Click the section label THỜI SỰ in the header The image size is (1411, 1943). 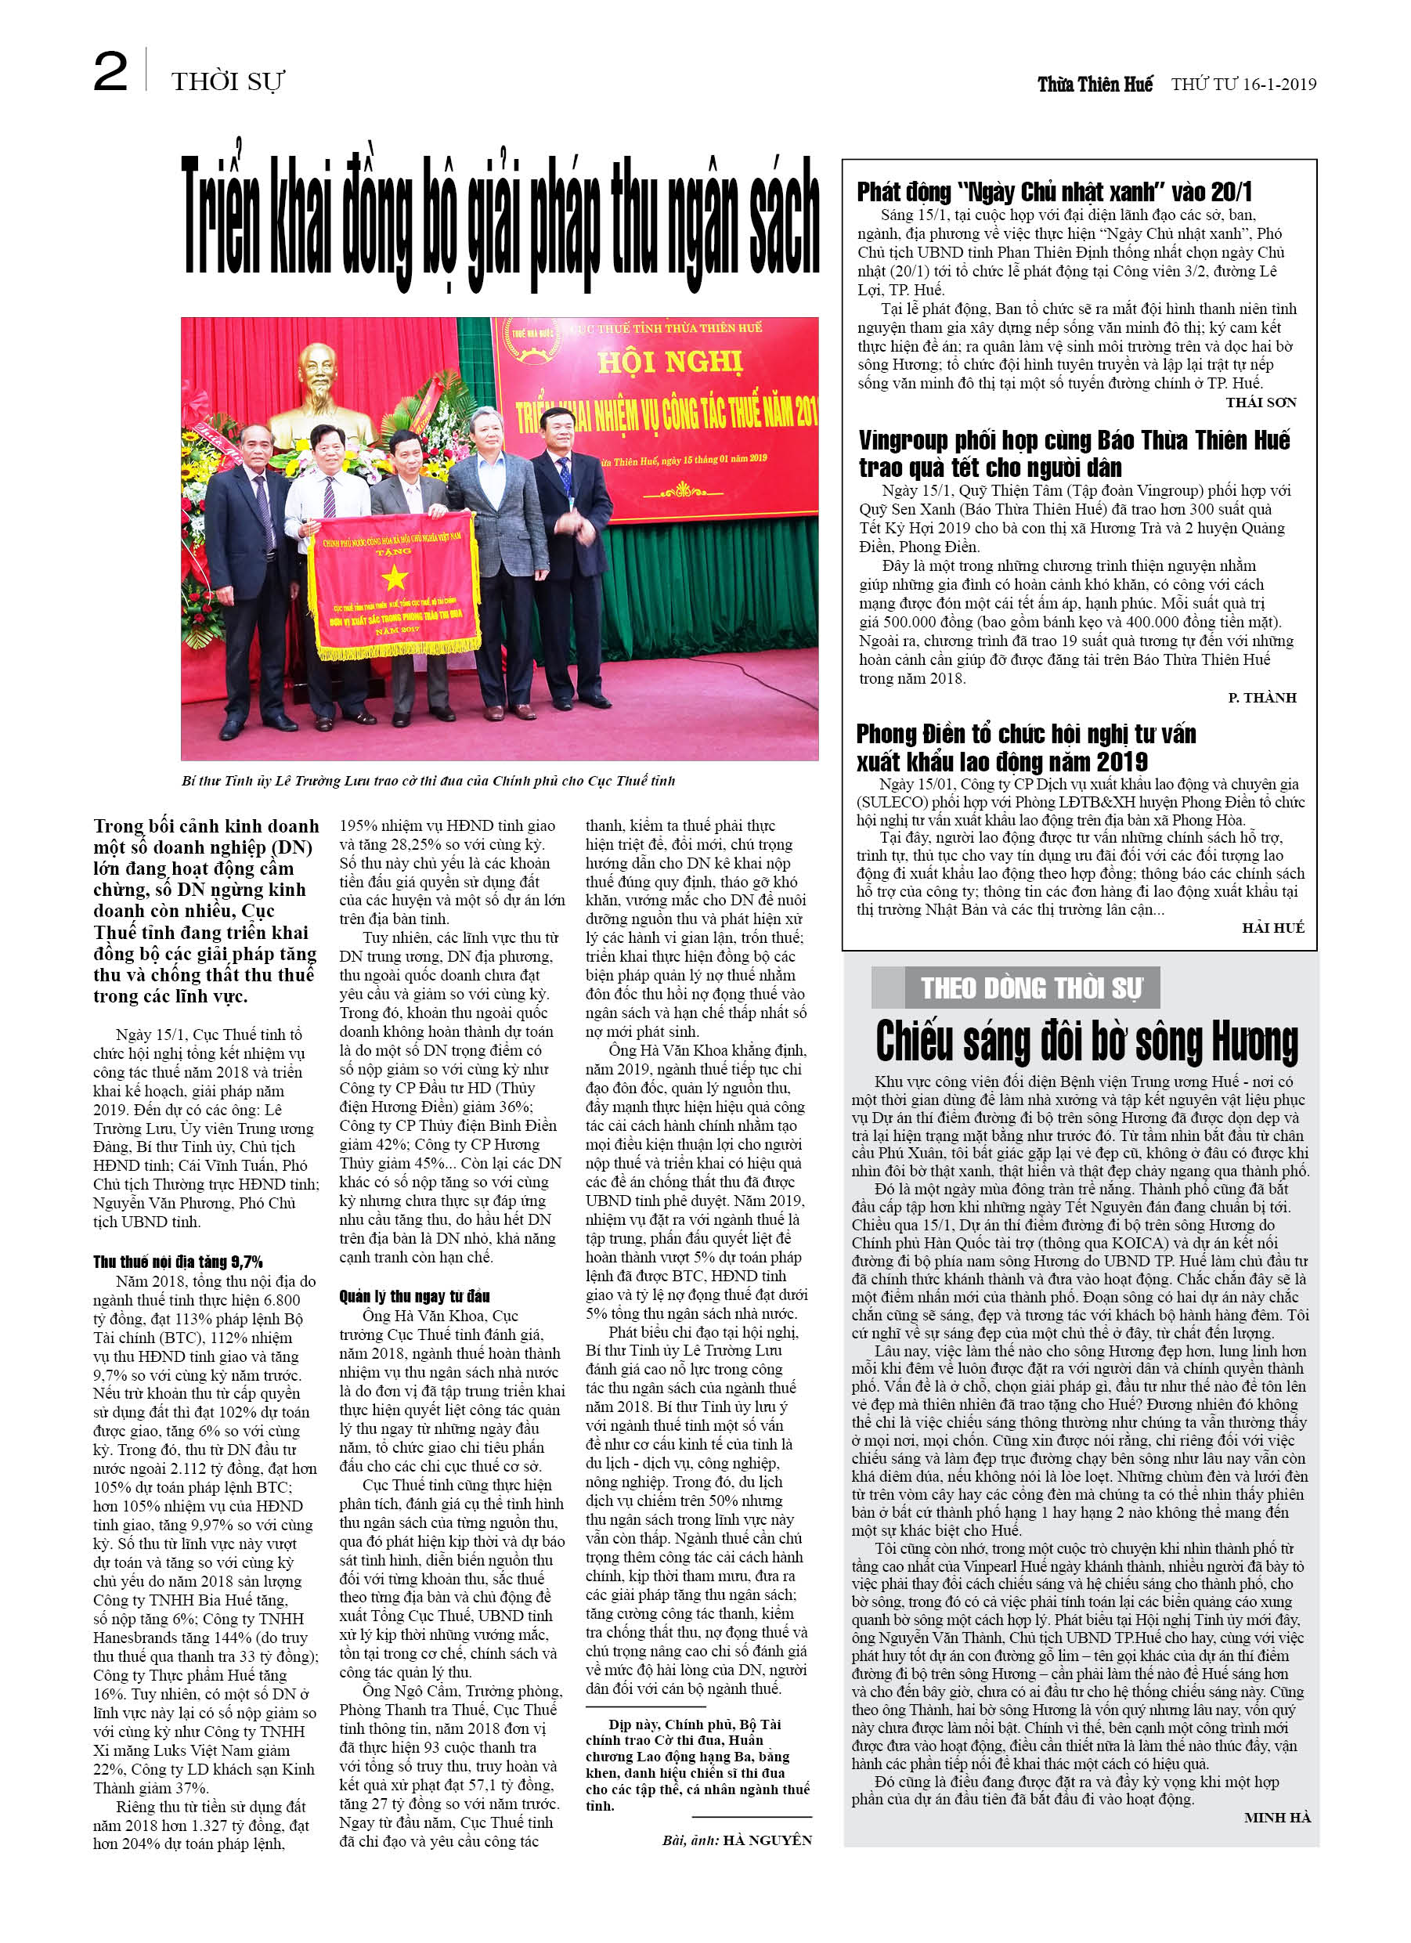(227, 82)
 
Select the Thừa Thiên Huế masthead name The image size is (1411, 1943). (1094, 84)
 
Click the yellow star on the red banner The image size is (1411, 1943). (394, 578)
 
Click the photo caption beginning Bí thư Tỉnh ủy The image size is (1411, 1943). (428, 781)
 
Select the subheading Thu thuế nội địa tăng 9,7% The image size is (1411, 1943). (177, 1261)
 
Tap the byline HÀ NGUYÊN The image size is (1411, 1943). (767, 1840)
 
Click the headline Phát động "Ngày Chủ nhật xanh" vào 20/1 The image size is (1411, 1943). (1054, 191)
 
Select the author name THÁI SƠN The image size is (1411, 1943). (1260, 403)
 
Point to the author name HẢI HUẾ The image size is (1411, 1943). (1272, 928)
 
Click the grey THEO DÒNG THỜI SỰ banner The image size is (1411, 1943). (1031, 988)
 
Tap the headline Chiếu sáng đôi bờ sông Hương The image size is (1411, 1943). (1086, 1042)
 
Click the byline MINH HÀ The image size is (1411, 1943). (1276, 1817)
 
